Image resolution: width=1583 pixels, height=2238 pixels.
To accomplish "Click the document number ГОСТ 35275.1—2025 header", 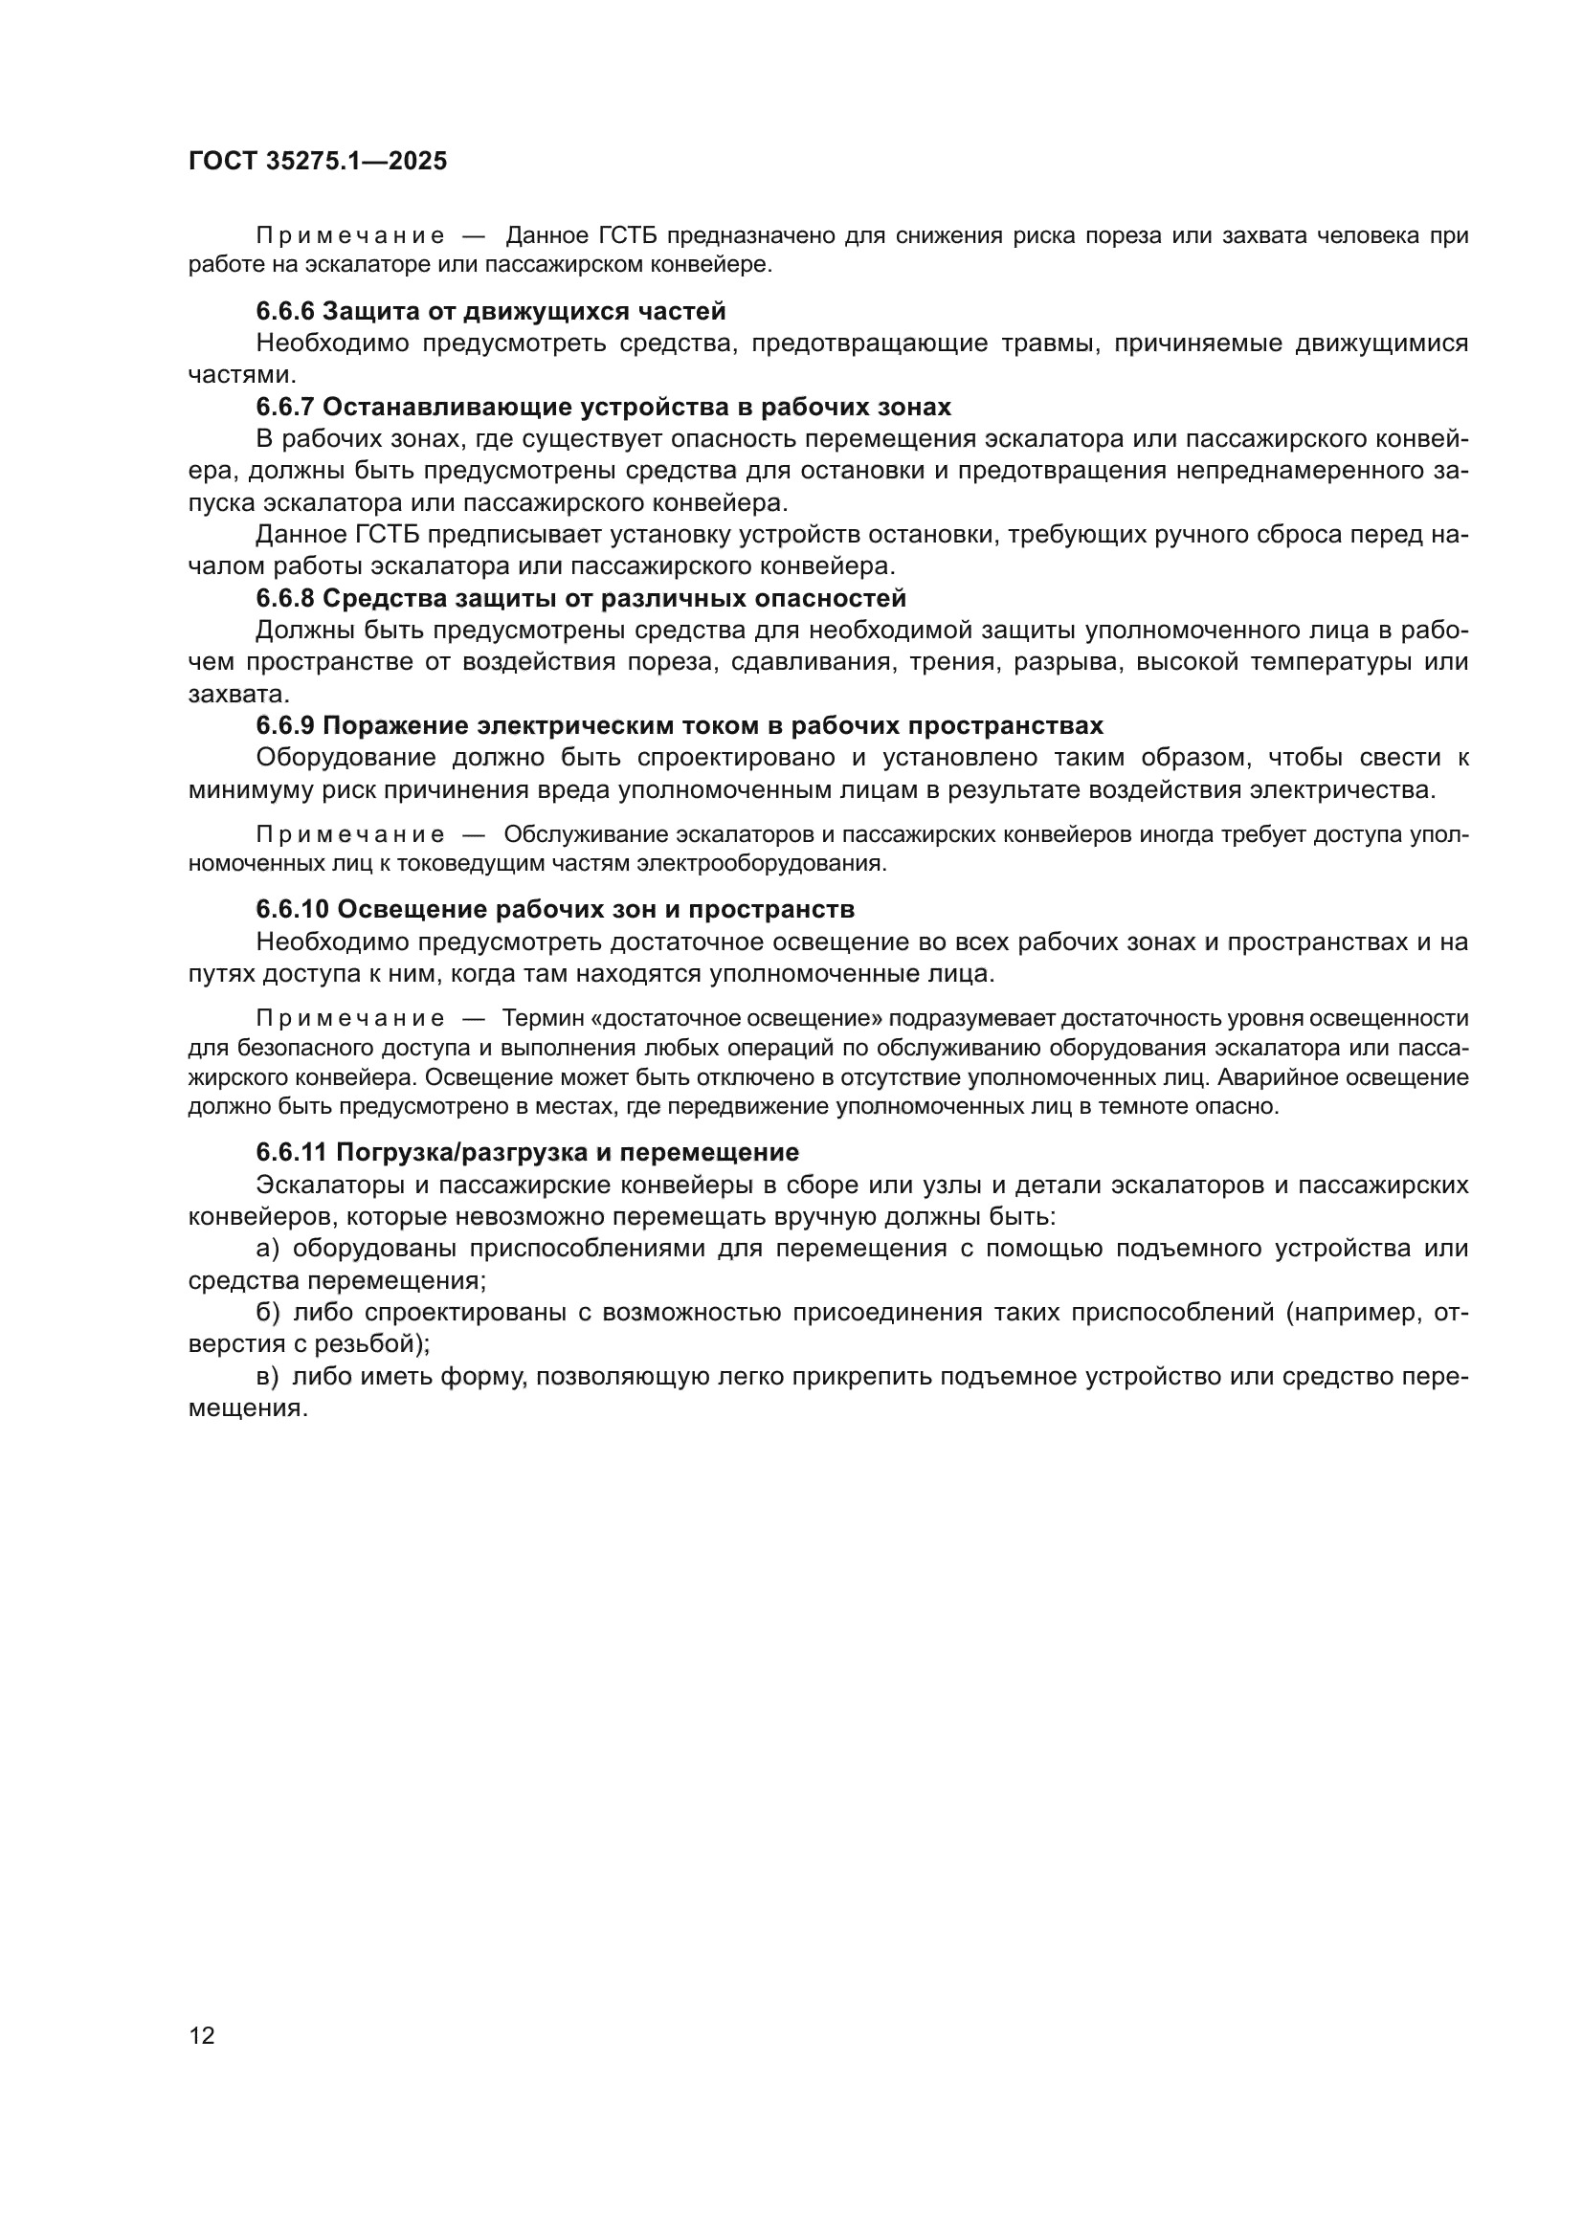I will coord(318,161).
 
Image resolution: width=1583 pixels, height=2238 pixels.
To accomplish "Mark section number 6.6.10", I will coord(292,910).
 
